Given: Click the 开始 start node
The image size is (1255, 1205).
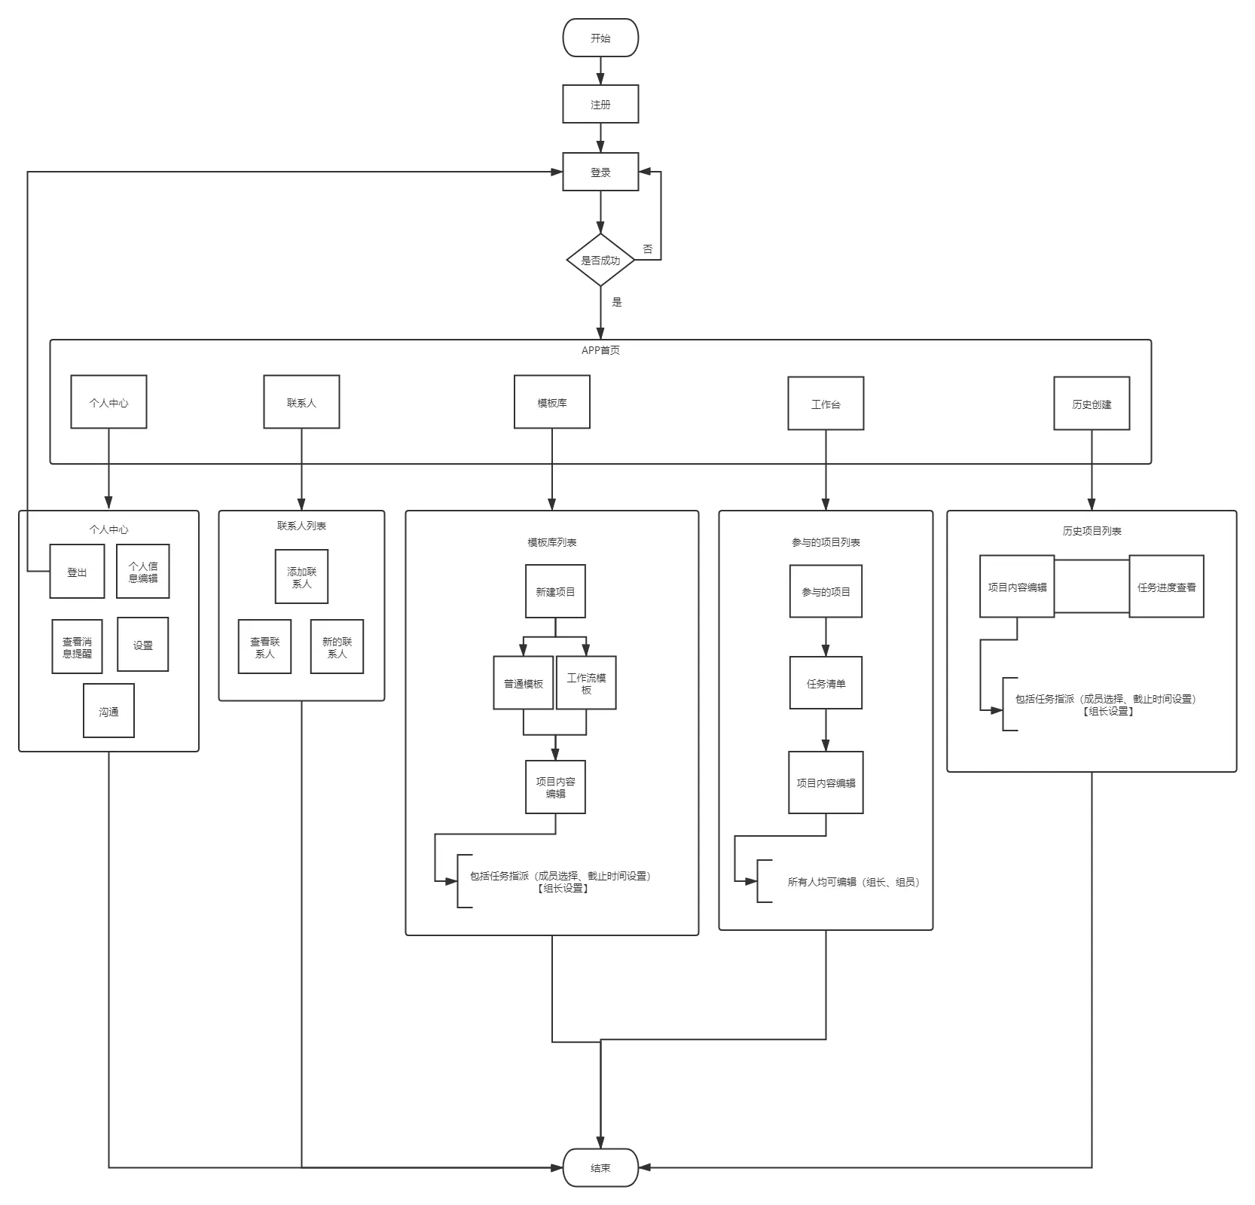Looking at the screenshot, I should [x=600, y=38].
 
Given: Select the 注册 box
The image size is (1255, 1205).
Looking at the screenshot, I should [x=600, y=105].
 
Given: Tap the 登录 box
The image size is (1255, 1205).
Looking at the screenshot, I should [x=600, y=172].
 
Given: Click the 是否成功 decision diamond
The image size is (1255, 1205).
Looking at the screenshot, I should [x=600, y=261].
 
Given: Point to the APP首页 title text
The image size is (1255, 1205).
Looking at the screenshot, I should [x=600, y=350].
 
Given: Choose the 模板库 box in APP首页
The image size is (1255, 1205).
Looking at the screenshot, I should [x=552, y=403].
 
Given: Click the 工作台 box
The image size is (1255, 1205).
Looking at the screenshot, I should [x=826, y=404].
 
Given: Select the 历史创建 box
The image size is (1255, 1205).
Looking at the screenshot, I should [x=1092, y=404].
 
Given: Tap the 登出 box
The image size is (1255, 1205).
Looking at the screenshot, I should [x=77, y=572].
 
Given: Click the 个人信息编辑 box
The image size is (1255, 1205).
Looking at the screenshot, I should [x=143, y=572].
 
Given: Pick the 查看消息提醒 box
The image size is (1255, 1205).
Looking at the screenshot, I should [x=77, y=647].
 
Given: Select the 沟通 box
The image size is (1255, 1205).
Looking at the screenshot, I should [x=108, y=711].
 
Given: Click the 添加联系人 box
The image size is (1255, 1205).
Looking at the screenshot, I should [x=301, y=577].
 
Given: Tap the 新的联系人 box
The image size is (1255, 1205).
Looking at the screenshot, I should [x=337, y=647].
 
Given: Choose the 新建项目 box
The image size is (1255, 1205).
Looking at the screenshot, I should [x=555, y=592].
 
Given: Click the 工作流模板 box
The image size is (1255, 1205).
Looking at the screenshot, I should [x=586, y=683].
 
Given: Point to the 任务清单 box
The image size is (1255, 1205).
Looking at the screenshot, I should [x=826, y=684].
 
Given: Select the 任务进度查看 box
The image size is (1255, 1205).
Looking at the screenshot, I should [x=1166, y=587].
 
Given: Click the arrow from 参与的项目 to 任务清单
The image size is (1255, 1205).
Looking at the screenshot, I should [x=826, y=637].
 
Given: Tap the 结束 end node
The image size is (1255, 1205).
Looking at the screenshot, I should [x=600, y=1168].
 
